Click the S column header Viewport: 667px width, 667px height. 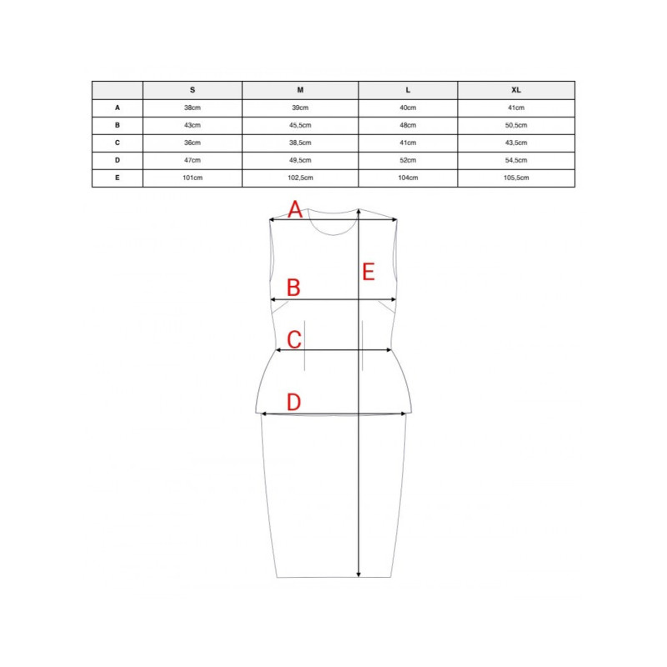tap(193, 90)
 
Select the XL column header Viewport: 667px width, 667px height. tap(516, 90)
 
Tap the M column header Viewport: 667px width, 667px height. tap(300, 90)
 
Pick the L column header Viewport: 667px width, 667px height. tap(408, 90)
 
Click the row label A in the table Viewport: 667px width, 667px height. tap(118, 108)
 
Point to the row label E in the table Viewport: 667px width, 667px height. tap(118, 178)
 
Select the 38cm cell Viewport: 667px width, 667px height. tap(193, 108)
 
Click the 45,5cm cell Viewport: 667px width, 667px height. tap(300, 125)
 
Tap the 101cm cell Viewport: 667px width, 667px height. tap(193, 178)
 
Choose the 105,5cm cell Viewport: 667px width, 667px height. tap(516, 178)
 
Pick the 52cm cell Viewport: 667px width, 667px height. tap(408, 160)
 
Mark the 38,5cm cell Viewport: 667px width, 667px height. tap(300, 143)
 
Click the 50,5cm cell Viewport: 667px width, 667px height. tap(516, 125)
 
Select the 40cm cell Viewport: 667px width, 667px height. tap(408, 108)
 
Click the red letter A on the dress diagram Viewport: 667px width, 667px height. tap(294, 209)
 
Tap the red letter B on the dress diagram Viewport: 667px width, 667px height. tap(293, 288)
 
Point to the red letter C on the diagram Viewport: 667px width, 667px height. tap(293, 339)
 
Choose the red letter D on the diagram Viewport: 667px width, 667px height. tap(293, 403)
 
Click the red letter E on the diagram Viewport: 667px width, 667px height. tap(369, 271)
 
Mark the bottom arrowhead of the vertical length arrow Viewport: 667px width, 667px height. tap(359, 574)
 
